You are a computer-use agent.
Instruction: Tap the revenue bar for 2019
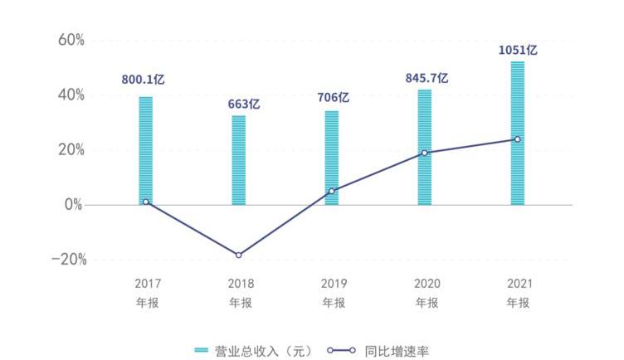[332, 158]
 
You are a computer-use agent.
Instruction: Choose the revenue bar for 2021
[518, 133]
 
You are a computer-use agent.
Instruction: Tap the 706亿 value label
[333, 97]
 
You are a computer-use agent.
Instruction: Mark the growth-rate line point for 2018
[239, 255]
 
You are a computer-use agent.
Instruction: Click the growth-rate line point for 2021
[518, 139]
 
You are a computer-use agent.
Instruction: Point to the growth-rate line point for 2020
[425, 153]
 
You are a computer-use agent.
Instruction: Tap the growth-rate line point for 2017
[146, 202]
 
